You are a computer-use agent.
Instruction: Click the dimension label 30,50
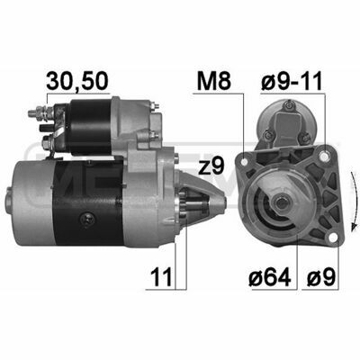(76, 81)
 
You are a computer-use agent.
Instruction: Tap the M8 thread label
(214, 81)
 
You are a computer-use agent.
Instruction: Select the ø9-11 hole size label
(292, 81)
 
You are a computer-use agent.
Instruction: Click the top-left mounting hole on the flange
(244, 162)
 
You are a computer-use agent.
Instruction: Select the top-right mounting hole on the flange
(324, 157)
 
